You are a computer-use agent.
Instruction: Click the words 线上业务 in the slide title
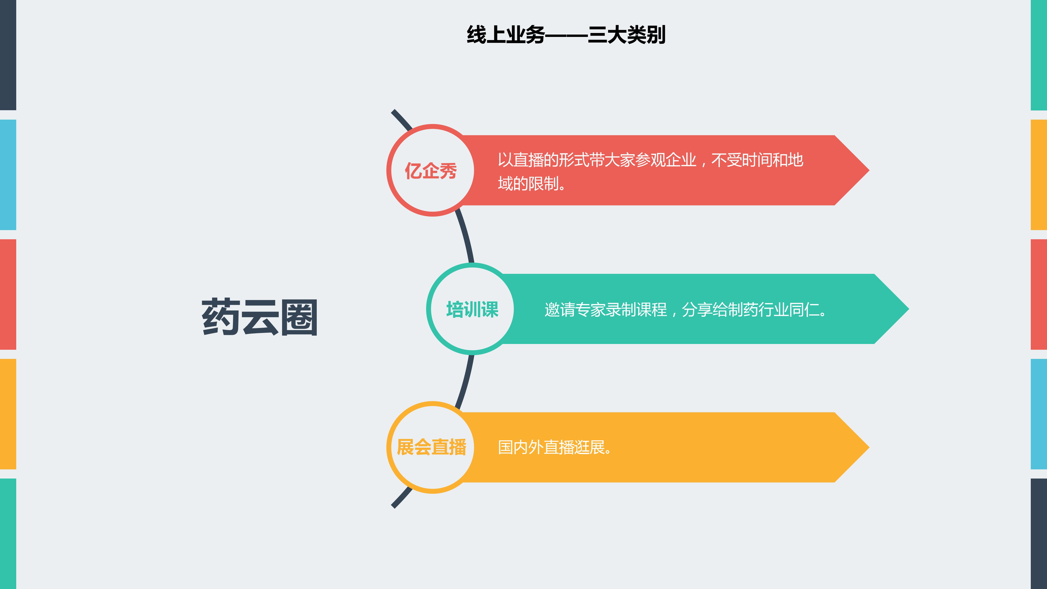click(x=506, y=35)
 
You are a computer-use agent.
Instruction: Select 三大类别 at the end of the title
click(x=626, y=35)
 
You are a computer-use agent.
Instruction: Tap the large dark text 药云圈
click(x=259, y=318)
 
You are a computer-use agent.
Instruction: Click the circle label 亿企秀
click(x=431, y=171)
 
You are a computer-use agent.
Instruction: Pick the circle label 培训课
click(x=472, y=309)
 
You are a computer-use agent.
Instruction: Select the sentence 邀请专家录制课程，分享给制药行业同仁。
click(x=686, y=310)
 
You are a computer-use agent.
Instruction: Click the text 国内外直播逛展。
click(x=555, y=448)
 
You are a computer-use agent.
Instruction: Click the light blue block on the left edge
click(x=8, y=175)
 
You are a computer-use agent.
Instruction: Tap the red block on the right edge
click(x=1039, y=294)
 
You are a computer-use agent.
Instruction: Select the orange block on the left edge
click(x=8, y=414)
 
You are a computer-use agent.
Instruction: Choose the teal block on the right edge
click(x=1039, y=55)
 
